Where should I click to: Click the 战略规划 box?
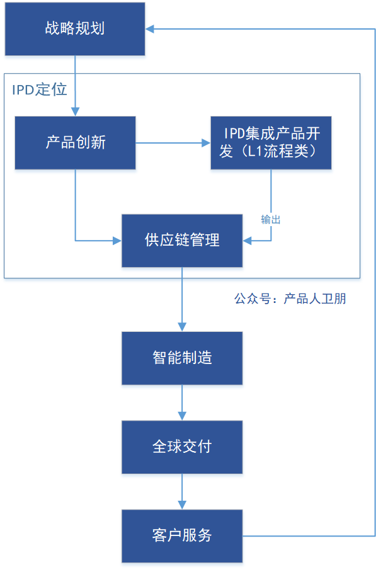75,29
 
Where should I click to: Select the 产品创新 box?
76,143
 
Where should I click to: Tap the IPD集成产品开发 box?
271,143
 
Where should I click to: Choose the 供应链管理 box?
182,241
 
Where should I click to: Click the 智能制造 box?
182,358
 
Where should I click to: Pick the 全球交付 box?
182,447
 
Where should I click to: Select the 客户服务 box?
182,536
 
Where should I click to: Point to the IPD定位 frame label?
39,90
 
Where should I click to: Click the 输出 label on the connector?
271,220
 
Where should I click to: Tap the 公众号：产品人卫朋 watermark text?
290,299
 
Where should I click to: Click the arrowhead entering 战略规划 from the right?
150,29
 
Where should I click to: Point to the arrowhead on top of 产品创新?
76,111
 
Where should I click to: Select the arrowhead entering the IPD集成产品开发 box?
206,143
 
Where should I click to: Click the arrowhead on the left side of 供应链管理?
117,241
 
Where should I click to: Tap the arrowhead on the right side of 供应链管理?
248,241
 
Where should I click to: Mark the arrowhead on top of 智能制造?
182,327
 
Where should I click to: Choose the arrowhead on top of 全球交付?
182,416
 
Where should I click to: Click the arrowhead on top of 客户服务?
182,505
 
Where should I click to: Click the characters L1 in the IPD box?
255,151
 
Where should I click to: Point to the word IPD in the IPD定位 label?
23,90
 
